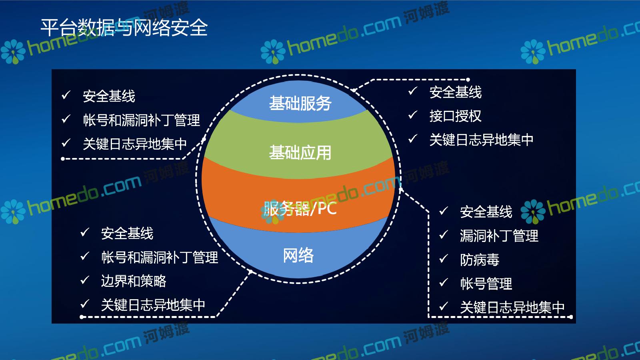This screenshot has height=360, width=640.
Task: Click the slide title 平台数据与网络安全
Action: tap(124, 28)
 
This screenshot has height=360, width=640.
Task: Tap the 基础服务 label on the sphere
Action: tap(300, 103)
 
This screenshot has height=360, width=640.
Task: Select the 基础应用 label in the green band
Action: tap(300, 152)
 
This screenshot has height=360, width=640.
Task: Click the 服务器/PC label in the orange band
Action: tap(300, 208)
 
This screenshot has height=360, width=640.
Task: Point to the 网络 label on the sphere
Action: tap(298, 255)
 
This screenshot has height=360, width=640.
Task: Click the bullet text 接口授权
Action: tap(456, 116)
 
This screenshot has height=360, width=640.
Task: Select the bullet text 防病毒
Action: tap(480, 260)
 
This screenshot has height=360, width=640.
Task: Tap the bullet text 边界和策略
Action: tap(134, 281)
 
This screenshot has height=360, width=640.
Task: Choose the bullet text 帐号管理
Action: tap(486, 284)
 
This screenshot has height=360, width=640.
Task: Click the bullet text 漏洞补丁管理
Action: tap(499, 236)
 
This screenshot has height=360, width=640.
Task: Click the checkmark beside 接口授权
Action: tap(412, 115)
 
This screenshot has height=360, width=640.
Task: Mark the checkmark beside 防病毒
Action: tap(443, 258)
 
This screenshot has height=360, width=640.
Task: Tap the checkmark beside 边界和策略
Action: tap(84, 280)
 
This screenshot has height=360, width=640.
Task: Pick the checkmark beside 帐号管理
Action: tap(443, 282)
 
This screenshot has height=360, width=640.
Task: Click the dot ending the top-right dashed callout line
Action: tap(468, 80)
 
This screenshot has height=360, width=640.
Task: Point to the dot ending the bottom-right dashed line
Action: tap(571, 317)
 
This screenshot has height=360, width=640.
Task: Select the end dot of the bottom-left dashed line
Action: tap(82, 317)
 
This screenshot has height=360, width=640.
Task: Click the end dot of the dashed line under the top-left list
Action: tap(63, 158)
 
